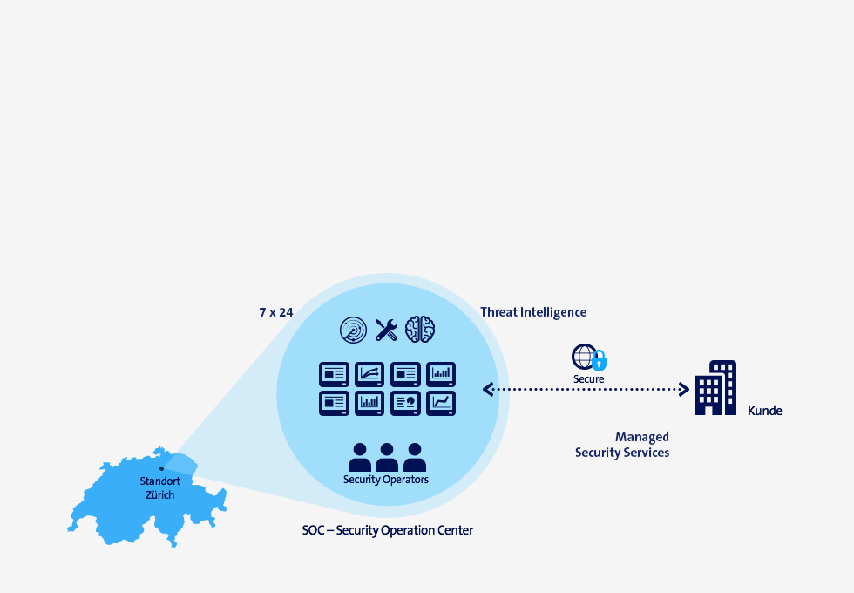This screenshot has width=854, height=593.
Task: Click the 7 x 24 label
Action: point(276,312)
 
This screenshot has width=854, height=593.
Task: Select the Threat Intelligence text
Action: point(533,312)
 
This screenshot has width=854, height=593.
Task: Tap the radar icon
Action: point(354,330)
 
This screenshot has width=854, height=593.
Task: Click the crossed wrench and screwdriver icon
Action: point(386,330)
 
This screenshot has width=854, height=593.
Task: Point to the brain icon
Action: point(420,330)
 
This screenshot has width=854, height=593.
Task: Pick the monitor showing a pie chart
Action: point(405,403)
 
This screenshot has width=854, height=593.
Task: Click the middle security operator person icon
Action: point(387,457)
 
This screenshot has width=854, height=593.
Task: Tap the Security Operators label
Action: point(385,480)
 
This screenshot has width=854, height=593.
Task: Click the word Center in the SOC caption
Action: point(456,530)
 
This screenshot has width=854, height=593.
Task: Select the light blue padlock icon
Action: point(600,361)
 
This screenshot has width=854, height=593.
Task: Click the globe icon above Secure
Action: point(584,357)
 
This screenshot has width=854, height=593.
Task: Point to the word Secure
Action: point(589,378)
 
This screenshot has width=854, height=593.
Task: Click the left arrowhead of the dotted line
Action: point(487,389)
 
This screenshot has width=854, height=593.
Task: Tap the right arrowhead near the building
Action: point(685,389)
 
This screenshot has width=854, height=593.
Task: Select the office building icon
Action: point(715,387)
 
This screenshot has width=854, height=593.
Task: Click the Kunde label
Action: point(765,411)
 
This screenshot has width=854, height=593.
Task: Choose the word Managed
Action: point(642,437)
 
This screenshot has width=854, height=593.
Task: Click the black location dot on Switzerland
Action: point(161,469)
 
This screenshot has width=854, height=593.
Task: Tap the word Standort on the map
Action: point(160,481)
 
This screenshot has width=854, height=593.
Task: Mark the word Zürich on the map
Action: point(160,495)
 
